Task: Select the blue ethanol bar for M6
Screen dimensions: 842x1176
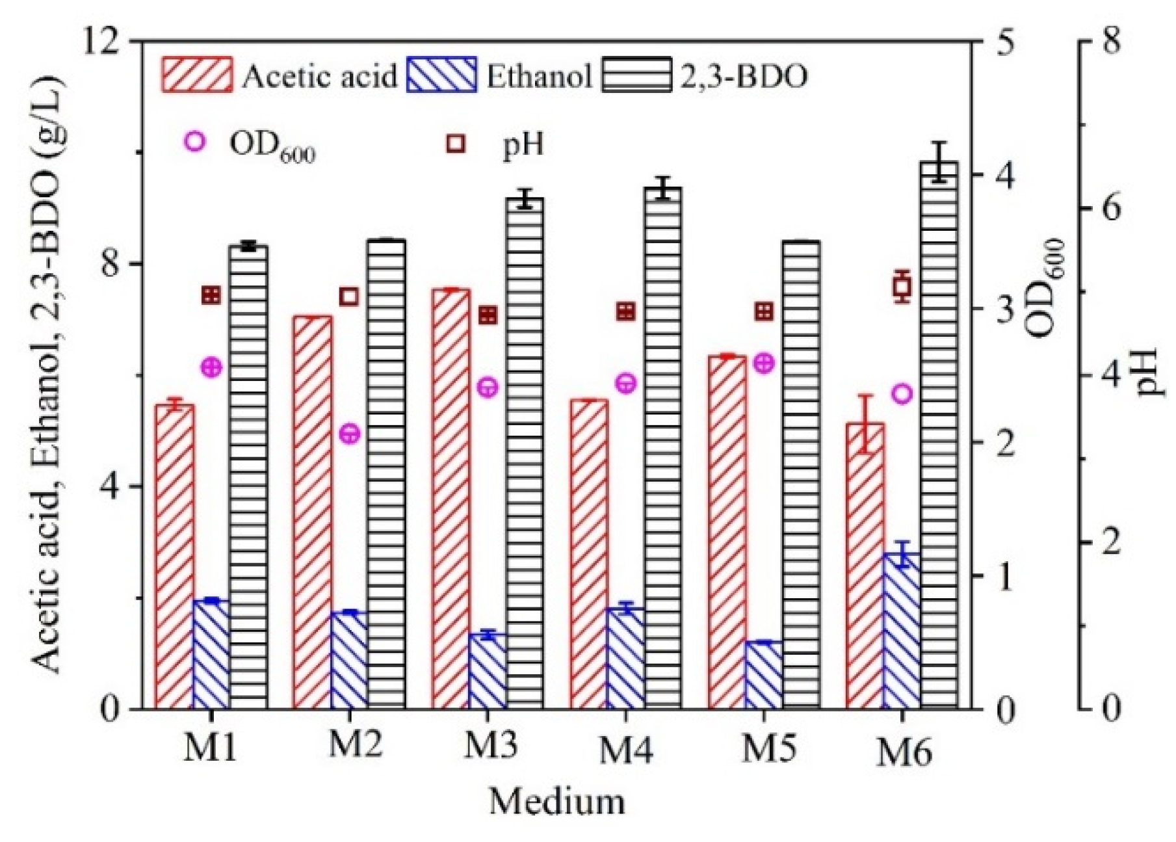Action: click(902, 631)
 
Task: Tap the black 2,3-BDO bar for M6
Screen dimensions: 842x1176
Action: click(939, 436)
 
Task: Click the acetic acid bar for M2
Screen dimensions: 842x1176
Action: click(312, 514)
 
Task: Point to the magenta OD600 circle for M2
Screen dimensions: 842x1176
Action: click(350, 434)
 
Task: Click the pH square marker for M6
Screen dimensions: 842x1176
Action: click(902, 286)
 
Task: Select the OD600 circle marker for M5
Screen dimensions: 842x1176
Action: click(764, 363)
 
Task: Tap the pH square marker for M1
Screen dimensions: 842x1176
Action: click(211, 296)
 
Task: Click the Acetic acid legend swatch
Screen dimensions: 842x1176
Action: click(196, 75)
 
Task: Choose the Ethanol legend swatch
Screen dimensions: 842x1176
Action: click(441, 75)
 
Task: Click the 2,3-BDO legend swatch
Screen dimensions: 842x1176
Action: click(636, 75)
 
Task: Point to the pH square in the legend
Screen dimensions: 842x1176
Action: click(456, 143)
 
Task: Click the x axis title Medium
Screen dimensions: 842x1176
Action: click(556, 801)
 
